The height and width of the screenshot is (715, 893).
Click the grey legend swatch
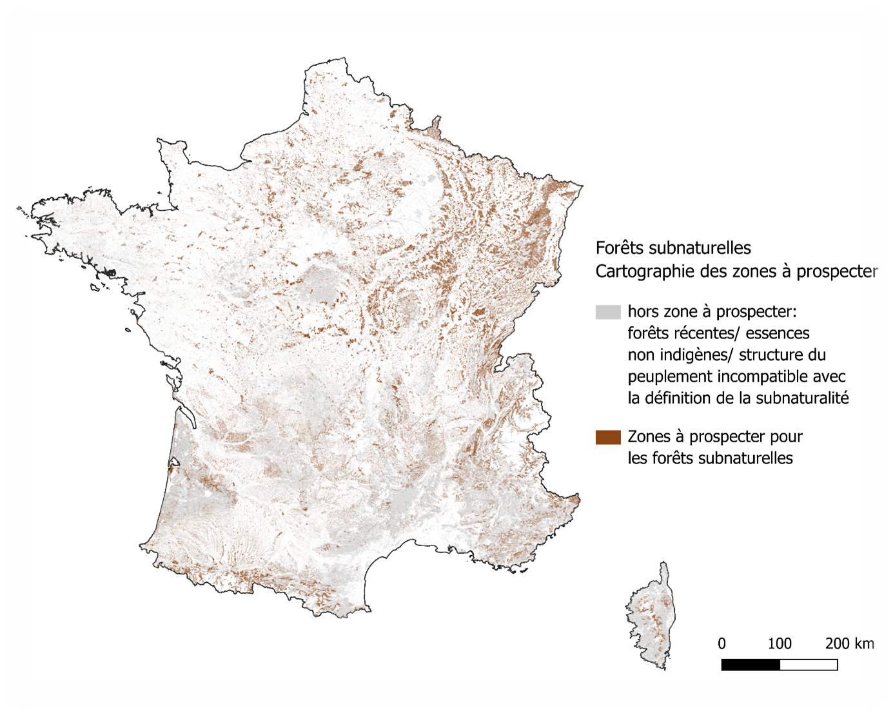point(608,312)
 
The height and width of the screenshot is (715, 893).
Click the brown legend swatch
point(608,437)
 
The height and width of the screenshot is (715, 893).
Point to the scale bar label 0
point(721,643)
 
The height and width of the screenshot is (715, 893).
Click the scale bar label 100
point(780,643)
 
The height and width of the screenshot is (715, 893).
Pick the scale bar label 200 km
point(850,643)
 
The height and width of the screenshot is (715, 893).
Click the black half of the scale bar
point(751,665)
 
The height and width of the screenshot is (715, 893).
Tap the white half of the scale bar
point(809,665)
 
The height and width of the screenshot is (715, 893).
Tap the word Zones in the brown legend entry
point(649,437)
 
